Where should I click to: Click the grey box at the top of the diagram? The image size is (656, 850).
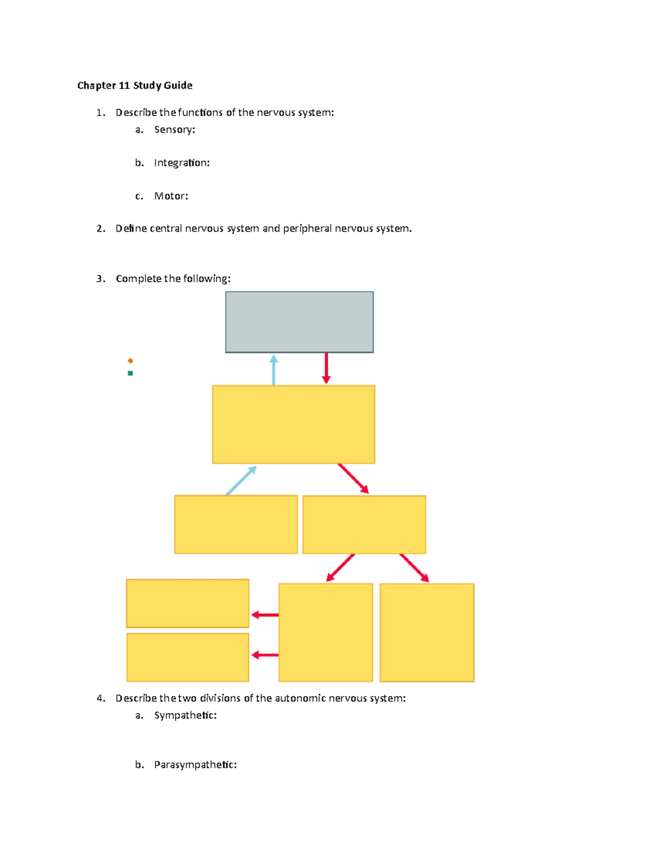tap(299, 322)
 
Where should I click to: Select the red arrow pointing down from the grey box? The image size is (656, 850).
tap(326, 368)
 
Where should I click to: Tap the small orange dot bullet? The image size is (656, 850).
tap(130, 361)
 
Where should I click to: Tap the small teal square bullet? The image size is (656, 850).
tap(130, 373)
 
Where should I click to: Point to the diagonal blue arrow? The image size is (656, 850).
tap(241, 480)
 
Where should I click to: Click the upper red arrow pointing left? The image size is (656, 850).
tap(265, 615)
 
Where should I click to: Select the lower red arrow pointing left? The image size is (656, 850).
tap(265, 655)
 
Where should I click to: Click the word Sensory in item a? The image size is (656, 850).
tap(173, 130)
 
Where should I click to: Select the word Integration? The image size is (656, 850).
tap(180, 163)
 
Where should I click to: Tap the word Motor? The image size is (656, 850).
tap(169, 196)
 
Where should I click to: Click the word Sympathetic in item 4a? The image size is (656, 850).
tap(184, 715)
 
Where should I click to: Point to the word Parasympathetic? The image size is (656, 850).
tap(194, 765)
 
